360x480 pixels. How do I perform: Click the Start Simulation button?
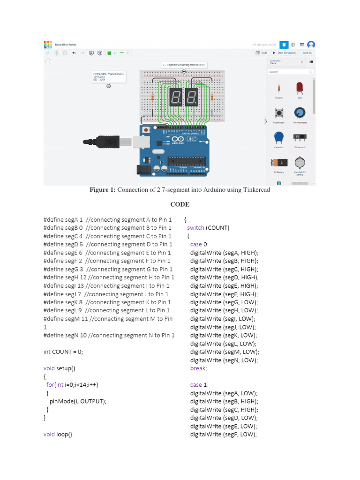tap(284, 53)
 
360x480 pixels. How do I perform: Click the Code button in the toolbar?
tap(262, 53)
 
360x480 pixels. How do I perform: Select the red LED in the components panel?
tap(300, 88)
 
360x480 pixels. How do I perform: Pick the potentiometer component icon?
tap(299, 113)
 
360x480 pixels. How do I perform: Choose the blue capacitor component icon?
tap(279, 137)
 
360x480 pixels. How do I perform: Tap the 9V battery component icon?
tap(279, 163)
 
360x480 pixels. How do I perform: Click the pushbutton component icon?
tap(279, 113)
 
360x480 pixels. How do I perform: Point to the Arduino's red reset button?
tap(146, 130)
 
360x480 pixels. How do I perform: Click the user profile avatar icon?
tap(310, 45)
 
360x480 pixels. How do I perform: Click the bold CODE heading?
tap(180, 204)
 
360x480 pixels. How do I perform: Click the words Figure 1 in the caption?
tap(102, 190)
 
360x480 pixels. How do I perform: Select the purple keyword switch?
tap(195, 228)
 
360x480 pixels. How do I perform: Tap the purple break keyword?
tap(197, 368)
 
